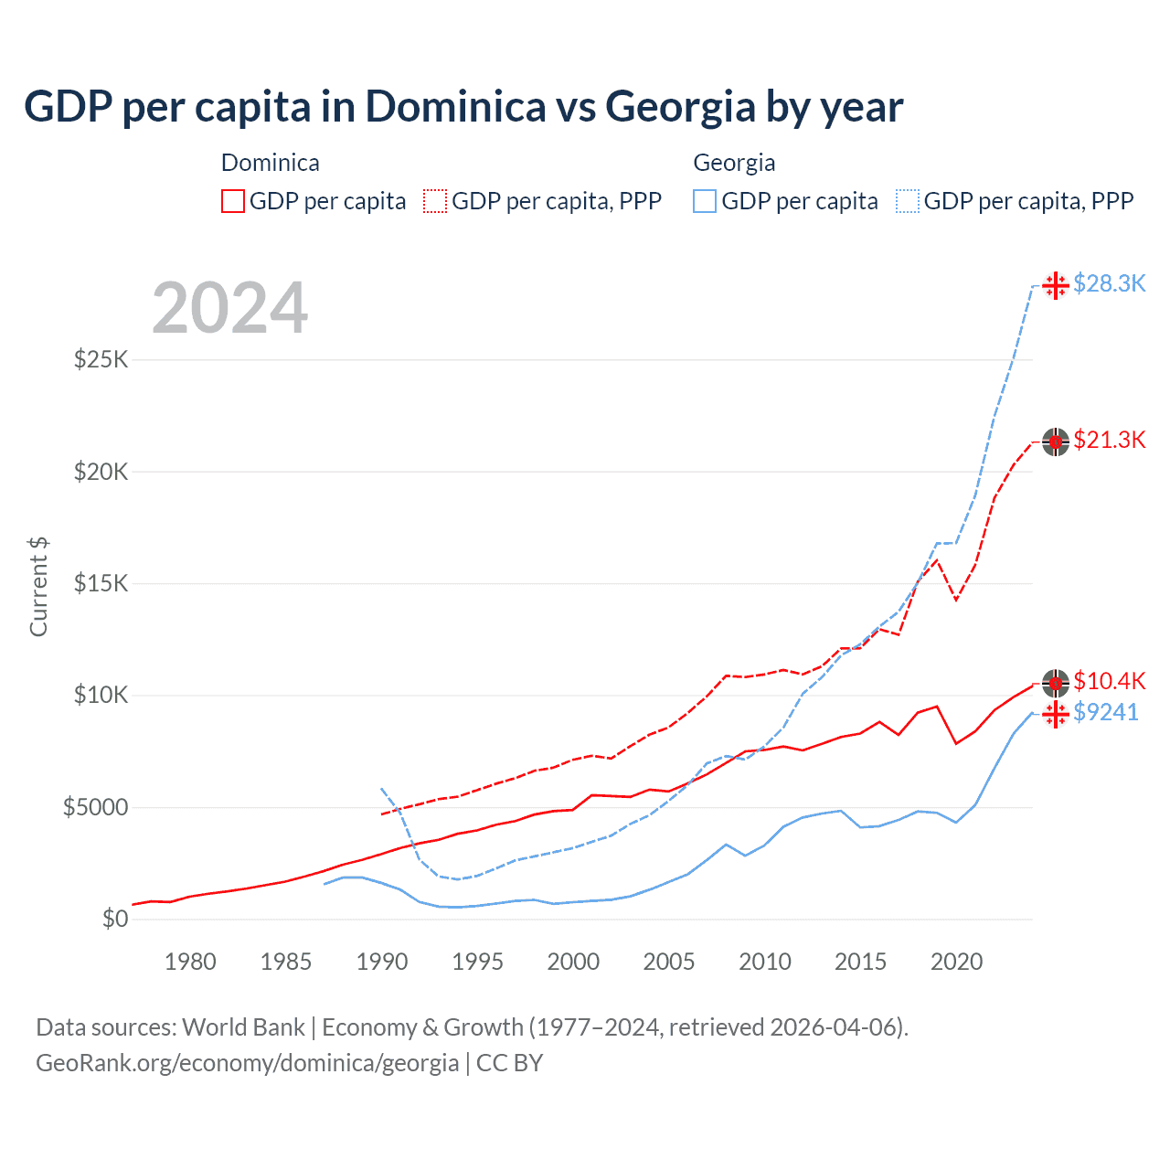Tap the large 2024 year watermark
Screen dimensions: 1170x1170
pos(229,308)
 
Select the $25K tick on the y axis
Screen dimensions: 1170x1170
pos(101,359)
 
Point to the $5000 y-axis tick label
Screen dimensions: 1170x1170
pos(95,807)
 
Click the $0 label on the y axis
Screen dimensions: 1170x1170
pos(114,919)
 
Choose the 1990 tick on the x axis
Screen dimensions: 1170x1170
pos(382,962)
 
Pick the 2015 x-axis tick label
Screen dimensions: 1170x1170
pos(860,962)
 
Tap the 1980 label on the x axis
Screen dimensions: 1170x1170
pos(190,962)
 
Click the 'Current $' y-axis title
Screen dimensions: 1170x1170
pos(38,587)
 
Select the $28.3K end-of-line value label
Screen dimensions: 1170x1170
pos(1109,283)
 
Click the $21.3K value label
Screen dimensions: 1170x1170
pos(1109,440)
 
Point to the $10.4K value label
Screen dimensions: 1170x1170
pos(1109,681)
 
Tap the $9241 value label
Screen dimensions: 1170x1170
pos(1106,712)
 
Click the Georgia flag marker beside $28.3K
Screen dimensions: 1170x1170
pos(1056,285)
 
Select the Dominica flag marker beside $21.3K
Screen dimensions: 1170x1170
pos(1056,441)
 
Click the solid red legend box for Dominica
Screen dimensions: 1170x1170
pos(233,201)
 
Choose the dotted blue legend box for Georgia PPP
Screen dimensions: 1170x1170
pos(908,201)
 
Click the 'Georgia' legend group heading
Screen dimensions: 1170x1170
pos(734,163)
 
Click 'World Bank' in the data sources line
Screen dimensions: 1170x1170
pos(243,1027)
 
